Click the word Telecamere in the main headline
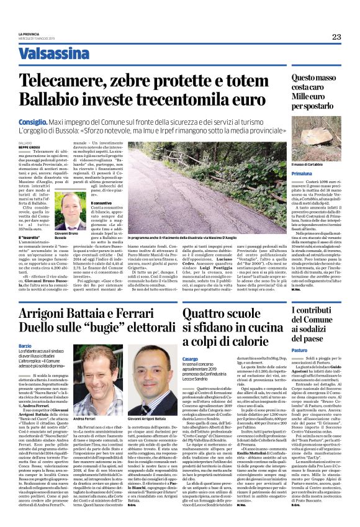coord(68,79)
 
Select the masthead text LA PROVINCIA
coord(29,34)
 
